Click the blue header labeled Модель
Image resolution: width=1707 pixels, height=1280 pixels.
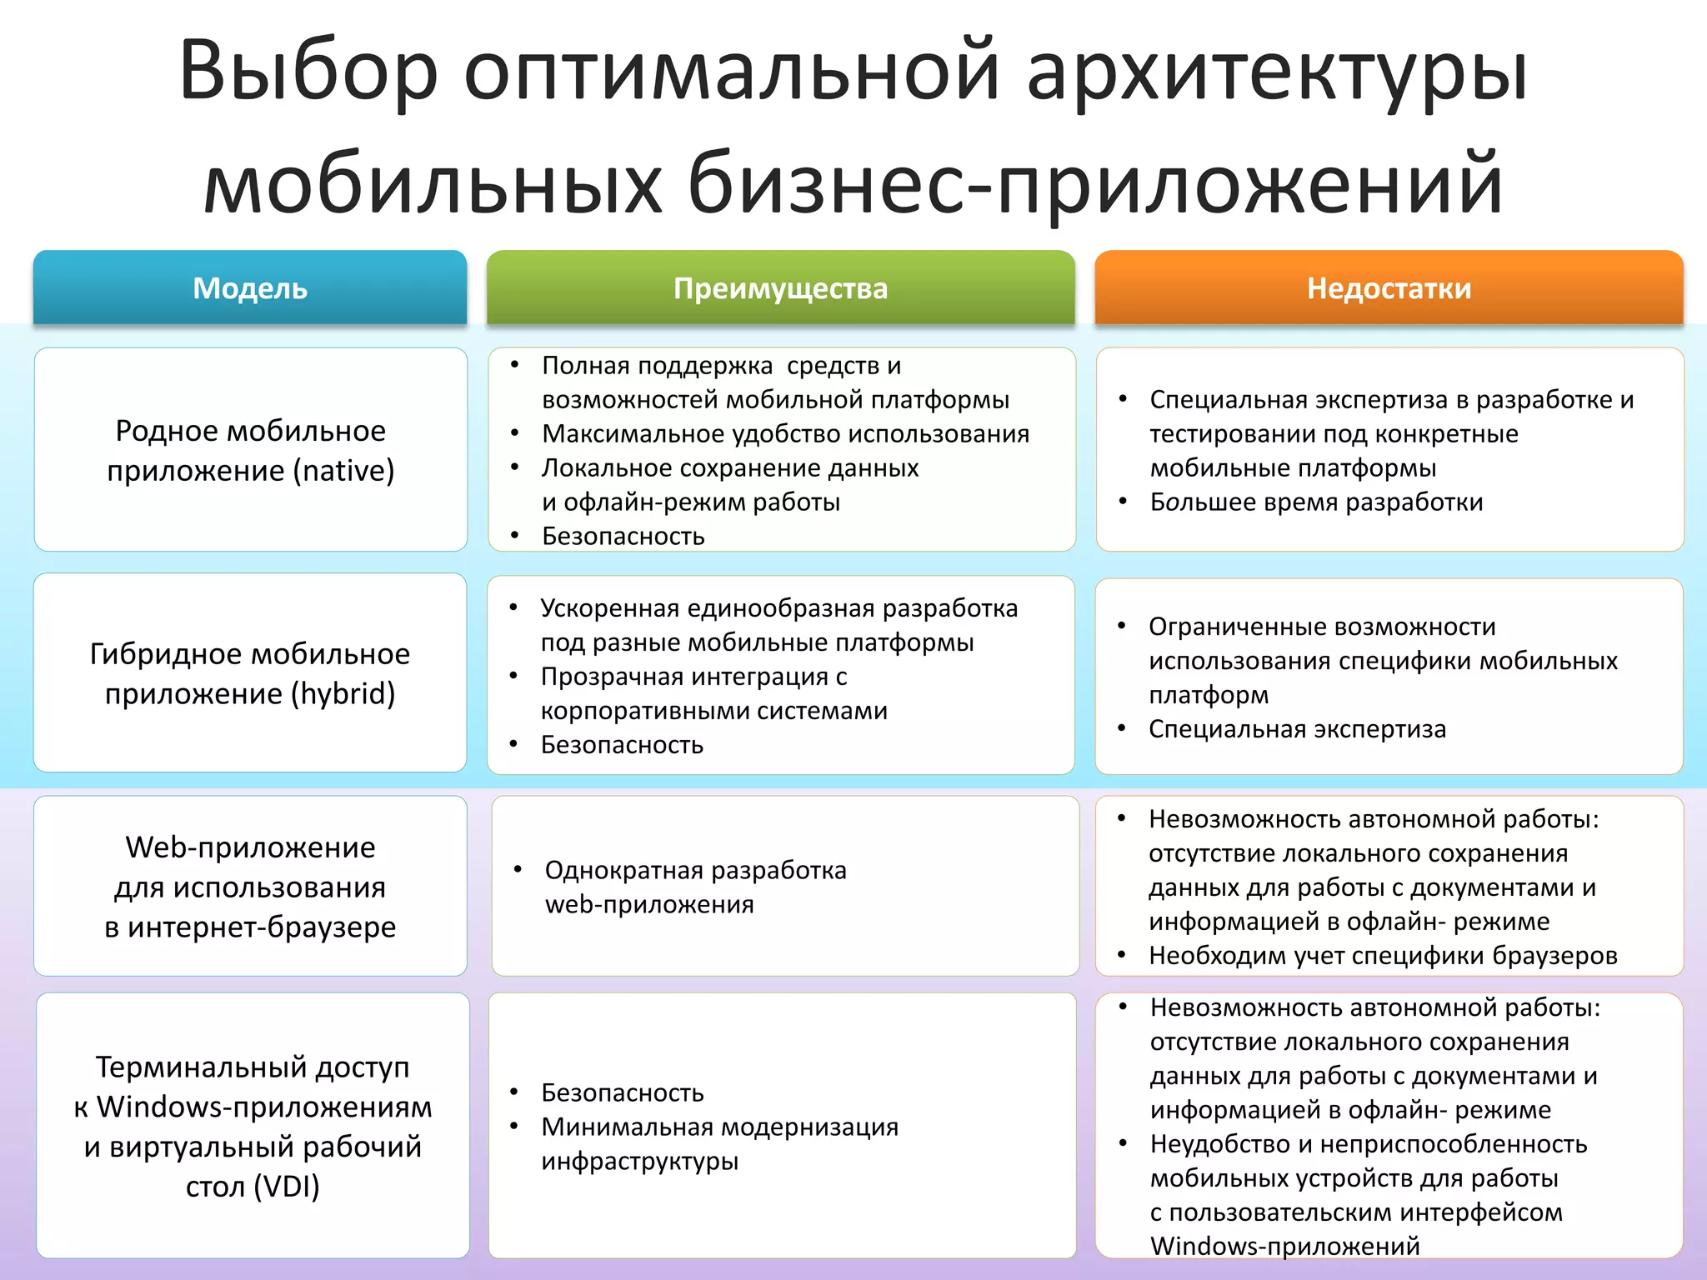[250, 288]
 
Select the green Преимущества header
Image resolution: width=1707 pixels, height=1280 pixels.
[780, 288]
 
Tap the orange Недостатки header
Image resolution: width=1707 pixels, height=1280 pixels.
[1389, 288]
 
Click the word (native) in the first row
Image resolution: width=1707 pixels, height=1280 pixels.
[343, 471]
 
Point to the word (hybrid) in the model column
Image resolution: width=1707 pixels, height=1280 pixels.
[343, 693]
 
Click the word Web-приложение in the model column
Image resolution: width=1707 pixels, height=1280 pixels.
[250, 847]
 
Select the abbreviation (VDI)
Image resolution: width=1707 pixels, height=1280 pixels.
[287, 1186]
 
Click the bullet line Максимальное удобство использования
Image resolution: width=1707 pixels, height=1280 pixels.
[785, 434]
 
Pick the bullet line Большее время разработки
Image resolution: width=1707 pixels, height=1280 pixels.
[1316, 502]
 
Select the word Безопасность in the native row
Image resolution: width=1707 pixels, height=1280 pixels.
[623, 536]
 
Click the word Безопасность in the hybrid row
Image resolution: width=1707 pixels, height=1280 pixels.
[622, 745]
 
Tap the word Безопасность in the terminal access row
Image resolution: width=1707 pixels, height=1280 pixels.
[623, 1092]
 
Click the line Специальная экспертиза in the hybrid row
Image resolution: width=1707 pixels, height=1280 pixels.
[1297, 729]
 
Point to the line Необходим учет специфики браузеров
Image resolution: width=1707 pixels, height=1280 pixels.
[1383, 956]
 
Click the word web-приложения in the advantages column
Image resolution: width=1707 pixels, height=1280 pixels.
[649, 904]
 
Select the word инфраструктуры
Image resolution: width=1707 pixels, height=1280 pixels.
[639, 1161]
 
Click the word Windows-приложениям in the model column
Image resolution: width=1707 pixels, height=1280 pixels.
[264, 1107]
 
